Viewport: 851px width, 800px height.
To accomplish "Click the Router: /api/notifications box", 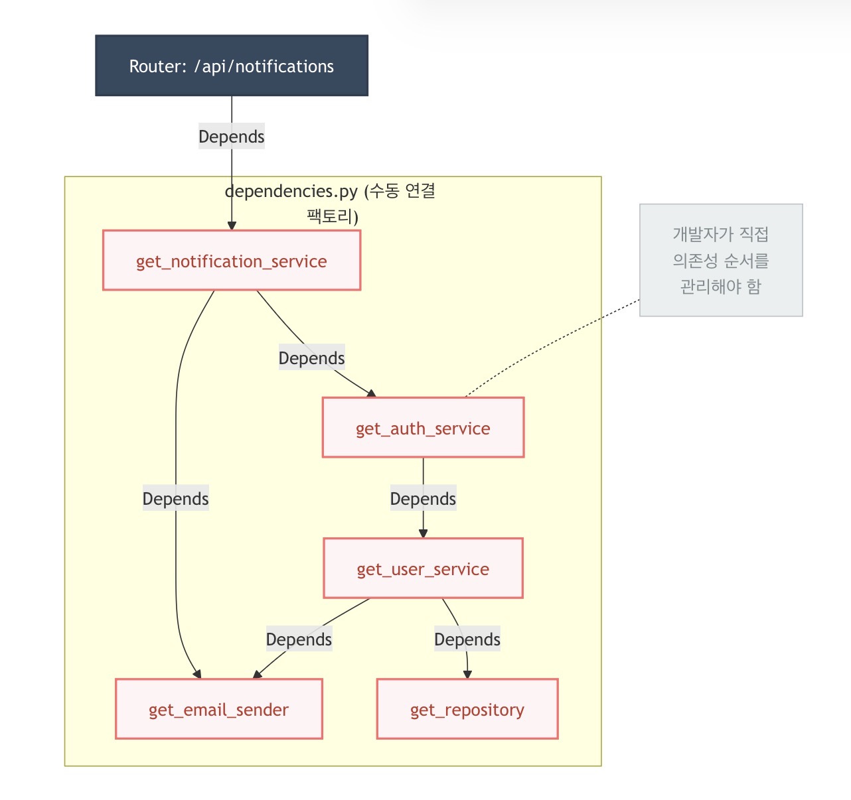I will click(232, 66).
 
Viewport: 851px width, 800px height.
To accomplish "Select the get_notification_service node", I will click(232, 261).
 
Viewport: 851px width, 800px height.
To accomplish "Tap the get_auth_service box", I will click(423, 428).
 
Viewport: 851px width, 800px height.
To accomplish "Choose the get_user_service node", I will click(423, 568).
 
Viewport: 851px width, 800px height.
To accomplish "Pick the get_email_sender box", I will click(218, 709).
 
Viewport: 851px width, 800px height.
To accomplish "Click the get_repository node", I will click(467, 709).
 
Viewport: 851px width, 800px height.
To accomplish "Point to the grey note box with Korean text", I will click(721, 260).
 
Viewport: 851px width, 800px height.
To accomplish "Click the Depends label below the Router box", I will click(232, 137).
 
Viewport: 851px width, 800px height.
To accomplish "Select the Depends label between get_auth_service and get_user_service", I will click(423, 499).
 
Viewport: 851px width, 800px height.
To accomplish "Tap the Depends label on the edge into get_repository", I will click(467, 639).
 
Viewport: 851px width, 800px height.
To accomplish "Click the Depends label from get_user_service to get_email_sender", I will click(299, 639).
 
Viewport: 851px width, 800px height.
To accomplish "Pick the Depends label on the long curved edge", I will click(176, 499).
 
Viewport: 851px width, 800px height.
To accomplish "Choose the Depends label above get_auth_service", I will click(311, 358).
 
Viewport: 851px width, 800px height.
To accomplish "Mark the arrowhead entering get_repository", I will click(467, 675).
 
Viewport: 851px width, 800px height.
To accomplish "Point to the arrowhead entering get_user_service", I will click(423, 534).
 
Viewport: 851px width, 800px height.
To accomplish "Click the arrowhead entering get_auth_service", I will click(372, 393).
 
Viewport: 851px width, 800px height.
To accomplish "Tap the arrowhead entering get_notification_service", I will click(232, 226).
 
